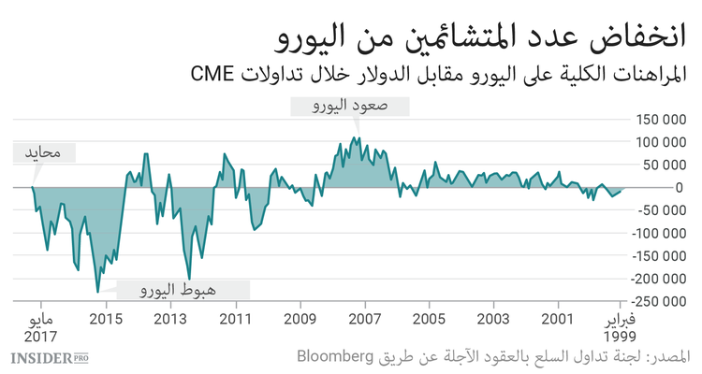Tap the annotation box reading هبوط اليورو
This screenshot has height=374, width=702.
pos(183,291)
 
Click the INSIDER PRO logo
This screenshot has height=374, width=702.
pos(49,357)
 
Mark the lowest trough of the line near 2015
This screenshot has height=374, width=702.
pos(97,293)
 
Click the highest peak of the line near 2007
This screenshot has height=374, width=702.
pos(358,137)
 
